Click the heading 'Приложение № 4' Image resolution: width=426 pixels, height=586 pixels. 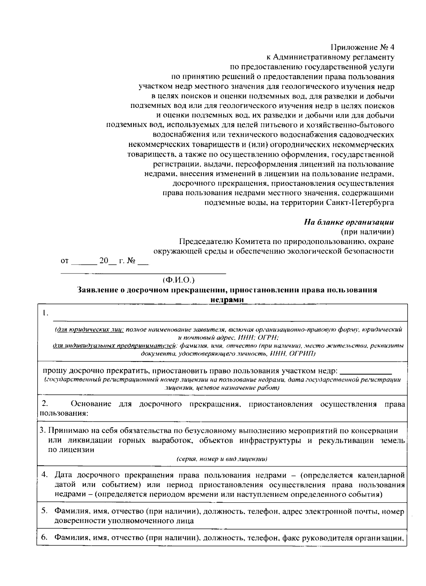pyautogui.click(x=362, y=48)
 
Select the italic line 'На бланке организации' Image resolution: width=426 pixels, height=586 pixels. pyautogui.click(x=349, y=222)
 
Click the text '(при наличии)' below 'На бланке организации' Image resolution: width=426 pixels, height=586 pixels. pyautogui.click(x=367, y=232)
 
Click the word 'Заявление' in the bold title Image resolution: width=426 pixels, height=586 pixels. pyautogui.click(x=95, y=290)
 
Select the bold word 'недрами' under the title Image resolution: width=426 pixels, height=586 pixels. pyautogui.click(x=227, y=299)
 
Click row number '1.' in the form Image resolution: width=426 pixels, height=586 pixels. pyautogui.click(x=44, y=313)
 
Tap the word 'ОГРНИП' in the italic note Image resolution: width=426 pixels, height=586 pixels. pyautogui.click(x=302, y=354)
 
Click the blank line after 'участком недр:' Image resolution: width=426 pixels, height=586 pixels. pyautogui.click(x=366, y=372)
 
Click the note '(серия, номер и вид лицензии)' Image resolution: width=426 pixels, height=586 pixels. pyautogui.click(x=222, y=459)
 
